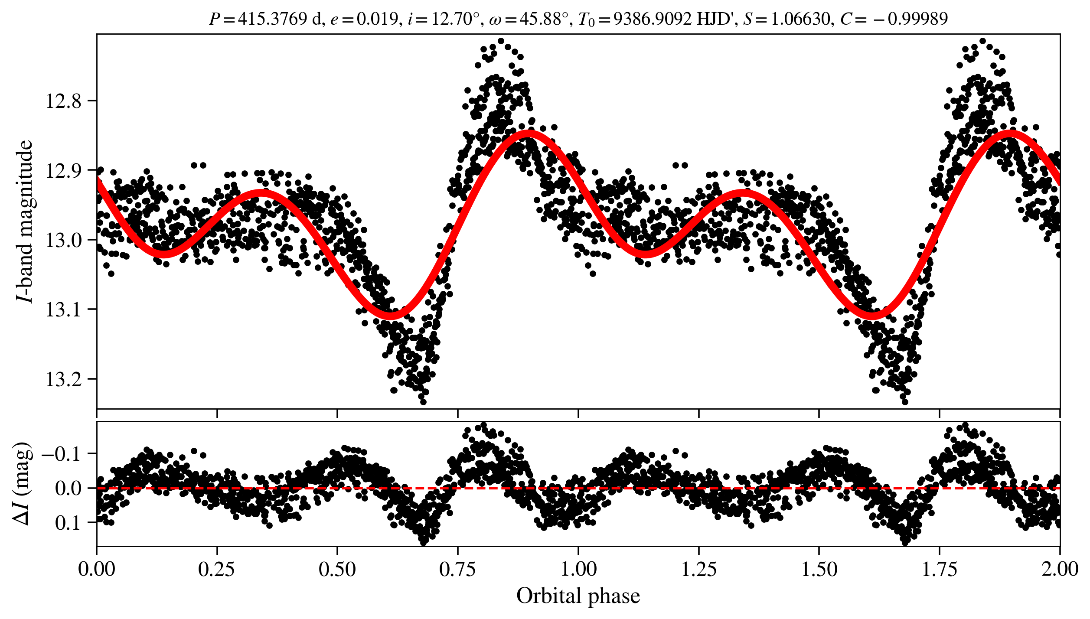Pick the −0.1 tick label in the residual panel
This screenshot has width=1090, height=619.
click(x=61, y=454)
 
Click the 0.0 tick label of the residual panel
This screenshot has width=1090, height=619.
click(x=69, y=489)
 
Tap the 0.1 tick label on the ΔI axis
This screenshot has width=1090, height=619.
click(x=69, y=523)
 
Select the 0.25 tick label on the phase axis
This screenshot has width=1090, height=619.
click(x=217, y=570)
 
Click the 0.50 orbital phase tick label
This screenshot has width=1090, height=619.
click(x=337, y=570)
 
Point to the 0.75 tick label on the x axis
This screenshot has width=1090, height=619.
click(x=458, y=570)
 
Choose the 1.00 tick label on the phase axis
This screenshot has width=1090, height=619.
click(x=578, y=570)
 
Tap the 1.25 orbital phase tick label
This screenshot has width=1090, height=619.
click(x=699, y=570)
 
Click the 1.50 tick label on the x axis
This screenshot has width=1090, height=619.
click(x=819, y=570)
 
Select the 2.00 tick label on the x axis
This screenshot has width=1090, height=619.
click(x=1060, y=570)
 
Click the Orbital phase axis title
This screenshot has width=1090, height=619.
click(x=578, y=596)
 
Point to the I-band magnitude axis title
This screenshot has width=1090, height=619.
click(x=25, y=221)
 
